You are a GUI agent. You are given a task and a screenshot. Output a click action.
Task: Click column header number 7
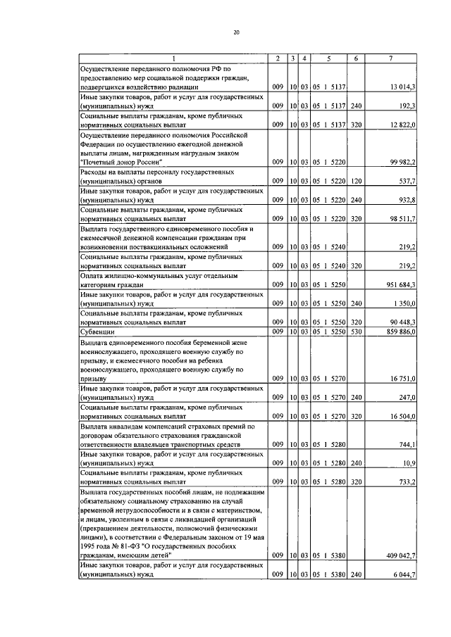coord(390,58)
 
